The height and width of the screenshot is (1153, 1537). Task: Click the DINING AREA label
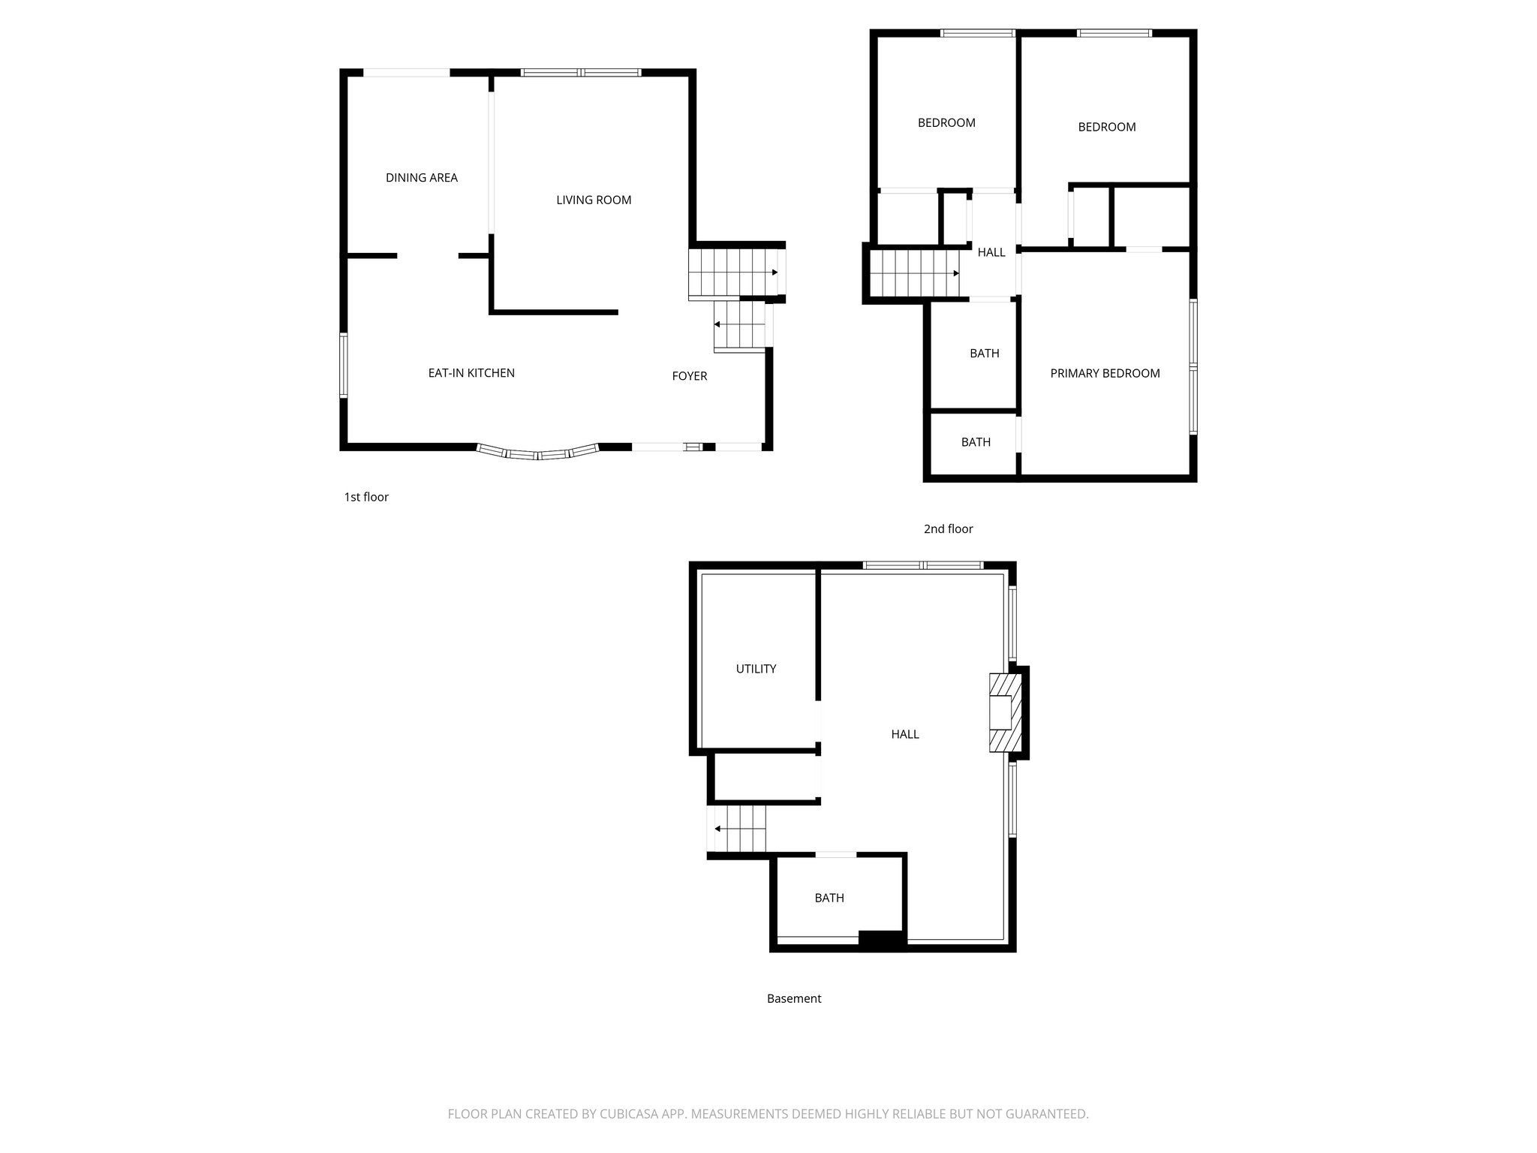tap(421, 178)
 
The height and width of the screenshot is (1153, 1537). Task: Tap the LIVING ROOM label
tap(593, 200)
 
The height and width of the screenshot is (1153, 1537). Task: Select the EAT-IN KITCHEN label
tap(471, 373)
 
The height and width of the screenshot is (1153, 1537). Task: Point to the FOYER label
tap(689, 376)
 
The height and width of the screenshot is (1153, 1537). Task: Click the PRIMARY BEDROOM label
tap(1105, 373)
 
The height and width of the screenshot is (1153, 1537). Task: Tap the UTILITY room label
tap(756, 669)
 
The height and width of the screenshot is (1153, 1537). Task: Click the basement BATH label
tap(829, 898)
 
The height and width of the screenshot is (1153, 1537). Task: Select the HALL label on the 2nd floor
tap(991, 252)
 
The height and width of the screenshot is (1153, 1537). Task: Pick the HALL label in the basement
tap(904, 734)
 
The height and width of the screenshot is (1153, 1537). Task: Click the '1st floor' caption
tap(366, 497)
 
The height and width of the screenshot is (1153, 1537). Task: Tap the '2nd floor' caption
tap(948, 529)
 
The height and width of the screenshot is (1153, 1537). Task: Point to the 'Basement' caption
tap(794, 998)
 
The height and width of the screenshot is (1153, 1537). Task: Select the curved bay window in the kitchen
tap(538, 453)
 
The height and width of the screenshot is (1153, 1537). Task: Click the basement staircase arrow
tap(718, 829)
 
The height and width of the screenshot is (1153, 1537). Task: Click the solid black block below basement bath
tap(882, 941)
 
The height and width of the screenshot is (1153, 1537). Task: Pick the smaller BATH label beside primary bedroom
tap(976, 442)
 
